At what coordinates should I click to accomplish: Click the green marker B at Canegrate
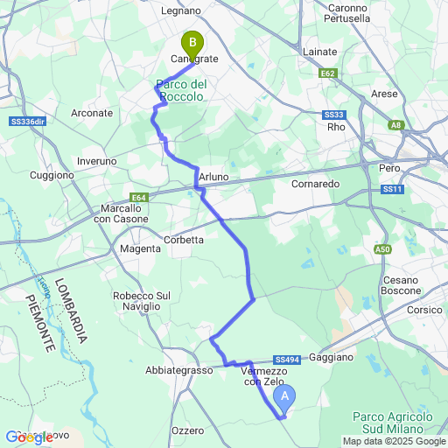[192, 42]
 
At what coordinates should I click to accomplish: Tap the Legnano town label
[181, 11]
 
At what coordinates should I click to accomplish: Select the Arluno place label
[213, 177]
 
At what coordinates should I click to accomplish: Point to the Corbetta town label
[184, 239]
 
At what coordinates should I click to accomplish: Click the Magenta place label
[140, 248]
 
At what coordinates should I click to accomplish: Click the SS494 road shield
[287, 360]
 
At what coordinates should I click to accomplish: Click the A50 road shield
[382, 249]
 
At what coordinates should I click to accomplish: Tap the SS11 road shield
[392, 190]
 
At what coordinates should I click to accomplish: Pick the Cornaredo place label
[315, 185]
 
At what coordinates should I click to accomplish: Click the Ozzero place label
[187, 430]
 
